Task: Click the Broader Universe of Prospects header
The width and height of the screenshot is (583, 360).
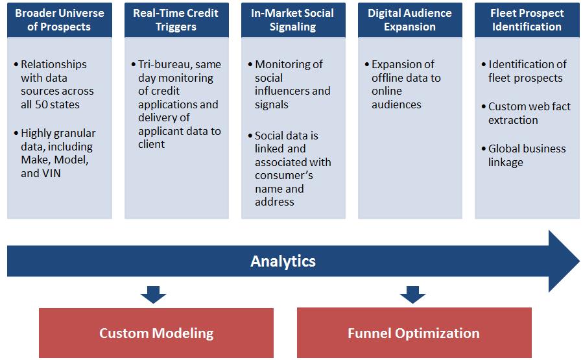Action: (60, 20)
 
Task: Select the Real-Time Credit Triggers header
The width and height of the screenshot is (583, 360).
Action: (176, 20)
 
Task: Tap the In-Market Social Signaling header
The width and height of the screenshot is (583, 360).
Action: (293, 20)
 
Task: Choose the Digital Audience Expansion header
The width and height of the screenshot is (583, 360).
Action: (410, 20)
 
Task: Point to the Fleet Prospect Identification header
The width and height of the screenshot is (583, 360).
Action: (527, 20)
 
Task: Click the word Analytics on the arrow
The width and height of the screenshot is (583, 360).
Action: (283, 261)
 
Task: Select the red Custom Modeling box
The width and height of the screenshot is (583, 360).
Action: (156, 333)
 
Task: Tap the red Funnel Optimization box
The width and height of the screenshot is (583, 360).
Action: (414, 333)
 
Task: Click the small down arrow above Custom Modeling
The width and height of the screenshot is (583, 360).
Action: (153, 294)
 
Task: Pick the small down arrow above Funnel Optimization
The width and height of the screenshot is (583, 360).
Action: (412, 294)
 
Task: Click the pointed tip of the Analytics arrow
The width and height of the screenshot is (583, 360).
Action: (579, 261)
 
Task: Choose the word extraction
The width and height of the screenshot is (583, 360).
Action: (513, 120)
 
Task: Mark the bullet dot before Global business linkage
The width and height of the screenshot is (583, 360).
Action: (483, 149)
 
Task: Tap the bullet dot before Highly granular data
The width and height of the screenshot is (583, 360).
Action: (16, 133)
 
